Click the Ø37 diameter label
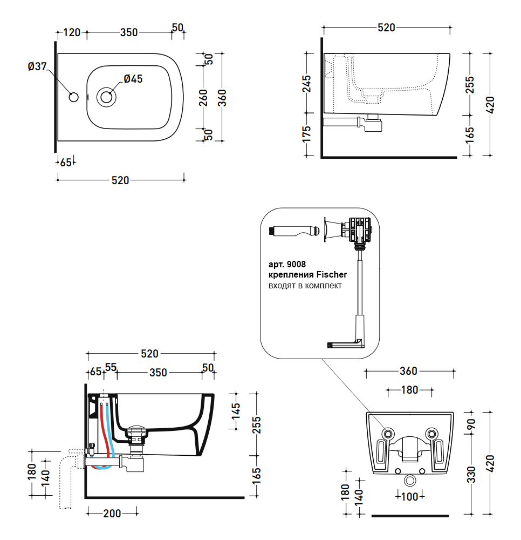click(37, 67)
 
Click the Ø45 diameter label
click(133, 79)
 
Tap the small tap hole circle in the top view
click(74, 97)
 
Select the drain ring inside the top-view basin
click(106, 97)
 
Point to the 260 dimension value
click(203, 98)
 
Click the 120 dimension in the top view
click(72, 32)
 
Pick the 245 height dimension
click(306, 84)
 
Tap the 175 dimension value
click(306, 134)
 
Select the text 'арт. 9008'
click(287, 265)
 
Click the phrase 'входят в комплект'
click(305, 286)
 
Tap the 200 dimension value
click(112, 514)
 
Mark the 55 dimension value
click(111, 368)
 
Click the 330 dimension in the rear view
click(471, 474)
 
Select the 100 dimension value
click(410, 497)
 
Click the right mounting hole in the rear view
click(431, 433)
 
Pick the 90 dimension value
click(471, 424)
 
